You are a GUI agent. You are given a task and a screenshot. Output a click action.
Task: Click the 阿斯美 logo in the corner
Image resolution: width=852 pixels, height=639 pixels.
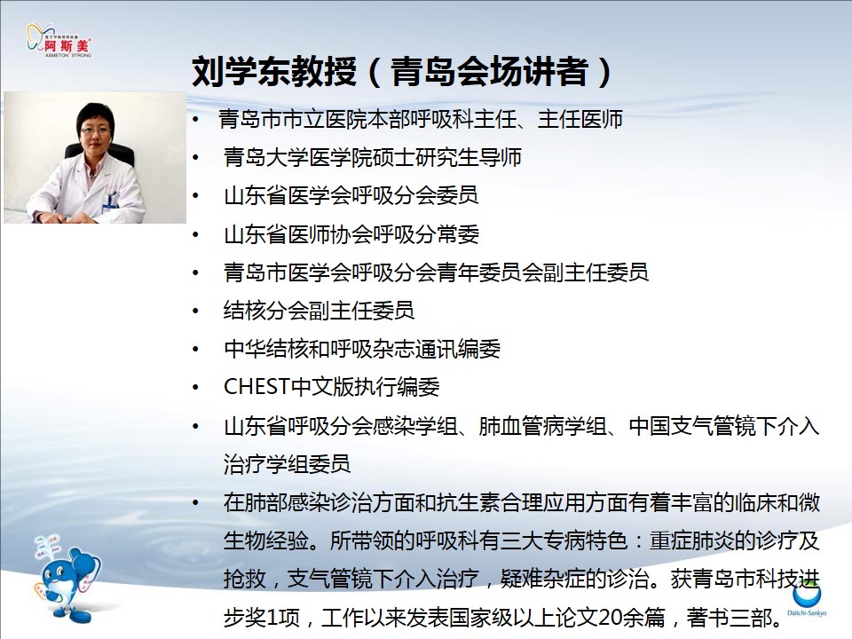click(x=59, y=41)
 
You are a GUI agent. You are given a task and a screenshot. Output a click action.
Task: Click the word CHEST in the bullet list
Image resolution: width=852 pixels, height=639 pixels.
click(x=256, y=387)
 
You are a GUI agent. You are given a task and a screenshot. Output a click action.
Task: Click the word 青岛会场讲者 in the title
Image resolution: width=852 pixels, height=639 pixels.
click(x=489, y=71)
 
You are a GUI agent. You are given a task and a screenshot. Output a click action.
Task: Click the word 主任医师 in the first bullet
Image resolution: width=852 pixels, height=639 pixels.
click(x=580, y=119)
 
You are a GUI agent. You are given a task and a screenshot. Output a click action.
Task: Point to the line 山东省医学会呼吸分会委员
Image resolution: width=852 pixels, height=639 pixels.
click(x=351, y=195)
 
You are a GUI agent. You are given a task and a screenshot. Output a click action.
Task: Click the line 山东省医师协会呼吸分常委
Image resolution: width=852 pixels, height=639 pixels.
click(x=351, y=234)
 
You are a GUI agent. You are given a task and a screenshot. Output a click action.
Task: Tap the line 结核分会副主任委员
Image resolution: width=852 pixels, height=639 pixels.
click(x=319, y=311)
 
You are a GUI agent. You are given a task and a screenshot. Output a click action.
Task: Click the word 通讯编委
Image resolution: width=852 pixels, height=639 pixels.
click(x=458, y=349)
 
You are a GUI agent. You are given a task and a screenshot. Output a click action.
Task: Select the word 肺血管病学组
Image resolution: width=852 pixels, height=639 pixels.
click(x=542, y=426)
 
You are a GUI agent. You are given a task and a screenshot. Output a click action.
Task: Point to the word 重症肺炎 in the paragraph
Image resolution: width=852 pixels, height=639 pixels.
click(x=692, y=540)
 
